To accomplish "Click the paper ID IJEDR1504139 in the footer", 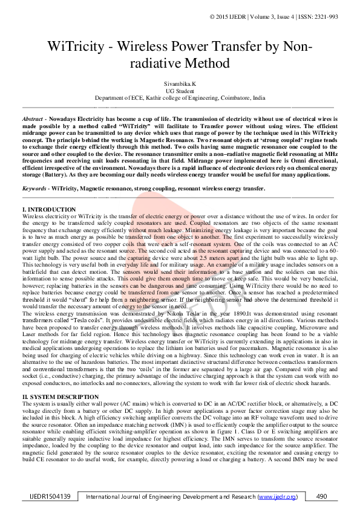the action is click(50, 496).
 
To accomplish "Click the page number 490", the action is click(322, 496).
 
